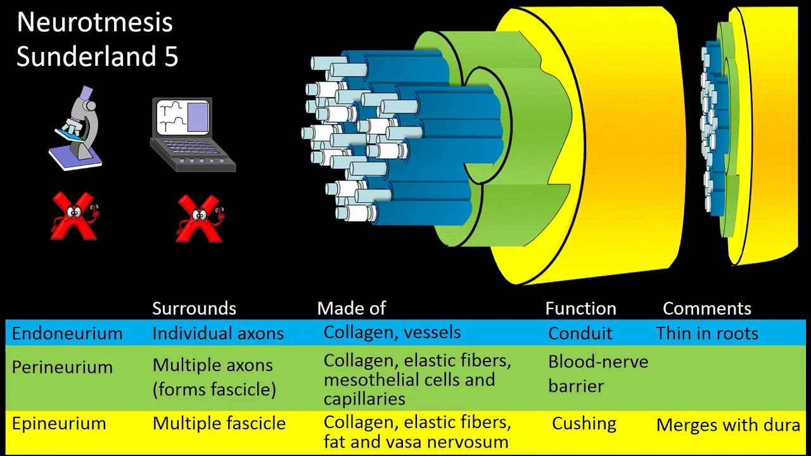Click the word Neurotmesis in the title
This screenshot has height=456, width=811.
tap(95, 22)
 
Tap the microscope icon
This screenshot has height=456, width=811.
tap(75, 128)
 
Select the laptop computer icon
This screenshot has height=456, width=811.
tap(193, 135)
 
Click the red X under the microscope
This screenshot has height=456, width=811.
tap(75, 217)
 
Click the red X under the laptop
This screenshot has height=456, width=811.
tap(200, 218)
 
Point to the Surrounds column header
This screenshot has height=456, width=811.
tap(194, 308)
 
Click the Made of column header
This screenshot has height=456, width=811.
tap(351, 308)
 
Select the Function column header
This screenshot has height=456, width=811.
tap(581, 308)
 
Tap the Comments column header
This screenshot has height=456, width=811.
tap(706, 308)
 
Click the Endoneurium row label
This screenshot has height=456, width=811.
tap(67, 333)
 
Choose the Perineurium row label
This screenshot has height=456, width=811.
tap(62, 367)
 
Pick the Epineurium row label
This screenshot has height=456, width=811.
tap(59, 424)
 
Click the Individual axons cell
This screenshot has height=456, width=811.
tap(218, 333)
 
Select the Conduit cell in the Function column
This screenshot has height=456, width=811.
tap(580, 333)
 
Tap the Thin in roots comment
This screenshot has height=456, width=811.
tap(707, 333)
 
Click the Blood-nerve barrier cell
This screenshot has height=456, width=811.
tap(598, 374)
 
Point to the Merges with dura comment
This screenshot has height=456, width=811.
tap(728, 425)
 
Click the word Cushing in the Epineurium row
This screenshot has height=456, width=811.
tap(584, 424)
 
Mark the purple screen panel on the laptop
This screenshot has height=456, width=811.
tap(198, 117)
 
